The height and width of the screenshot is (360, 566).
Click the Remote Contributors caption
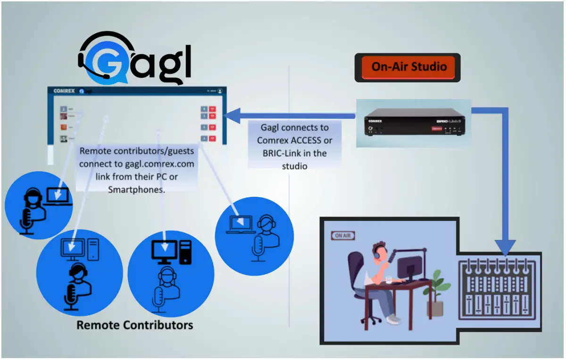coord(134,325)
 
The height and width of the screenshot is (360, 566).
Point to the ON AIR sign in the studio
coord(343,235)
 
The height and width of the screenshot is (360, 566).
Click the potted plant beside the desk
coord(435,293)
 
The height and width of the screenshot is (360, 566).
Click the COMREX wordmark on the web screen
coord(64,91)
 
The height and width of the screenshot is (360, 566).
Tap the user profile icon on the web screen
coord(220,91)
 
